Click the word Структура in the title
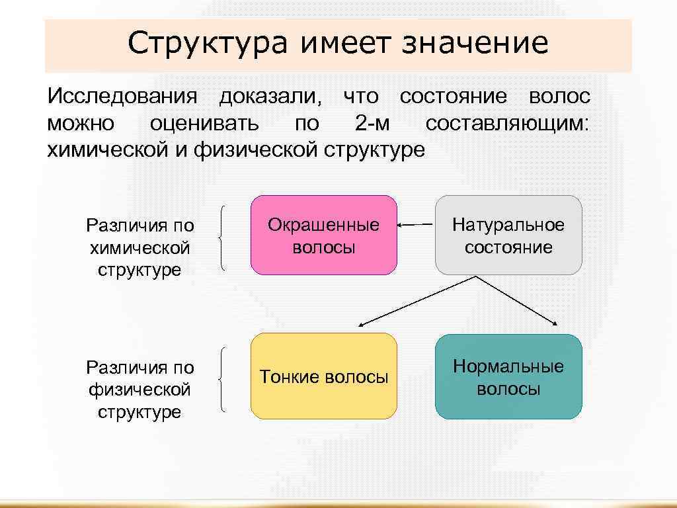point(209,44)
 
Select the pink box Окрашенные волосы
point(324,235)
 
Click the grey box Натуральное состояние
point(508,235)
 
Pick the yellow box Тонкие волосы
point(324,377)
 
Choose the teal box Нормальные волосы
point(508,377)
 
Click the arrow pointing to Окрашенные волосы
point(415,225)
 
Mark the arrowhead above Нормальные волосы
point(556,323)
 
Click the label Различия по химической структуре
point(139,248)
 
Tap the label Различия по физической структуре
point(139,390)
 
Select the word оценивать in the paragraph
point(204,124)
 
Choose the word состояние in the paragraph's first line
point(454,97)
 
